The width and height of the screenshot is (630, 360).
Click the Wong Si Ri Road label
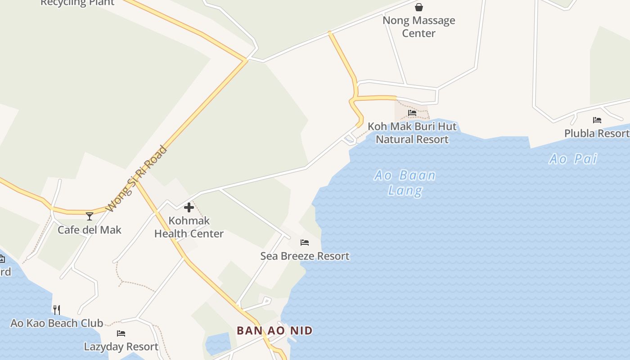[x=137, y=179]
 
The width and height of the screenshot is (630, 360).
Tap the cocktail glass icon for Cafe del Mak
[x=90, y=216]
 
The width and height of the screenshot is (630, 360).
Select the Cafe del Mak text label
[x=90, y=230]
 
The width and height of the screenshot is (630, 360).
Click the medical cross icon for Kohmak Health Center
[x=189, y=207]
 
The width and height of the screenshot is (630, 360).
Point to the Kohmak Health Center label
[x=189, y=227]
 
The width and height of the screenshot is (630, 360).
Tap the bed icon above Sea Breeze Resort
[x=305, y=243]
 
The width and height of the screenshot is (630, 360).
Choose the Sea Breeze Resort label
[x=305, y=256]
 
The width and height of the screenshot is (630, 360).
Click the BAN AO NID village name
[x=274, y=331]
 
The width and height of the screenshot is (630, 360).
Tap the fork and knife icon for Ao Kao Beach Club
[x=57, y=310]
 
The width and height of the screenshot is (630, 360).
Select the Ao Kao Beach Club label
[x=57, y=323]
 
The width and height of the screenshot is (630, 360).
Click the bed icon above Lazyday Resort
[x=121, y=333]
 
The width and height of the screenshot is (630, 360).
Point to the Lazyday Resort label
[x=121, y=347]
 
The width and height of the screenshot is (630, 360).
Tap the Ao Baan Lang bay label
[x=405, y=183]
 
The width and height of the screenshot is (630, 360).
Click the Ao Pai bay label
[x=573, y=159]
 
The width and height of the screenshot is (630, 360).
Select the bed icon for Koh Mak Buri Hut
[x=412, y=113]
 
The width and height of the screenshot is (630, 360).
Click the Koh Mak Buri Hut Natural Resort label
[x=412, y=133]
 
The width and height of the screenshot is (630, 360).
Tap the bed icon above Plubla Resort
[x=597, y=120]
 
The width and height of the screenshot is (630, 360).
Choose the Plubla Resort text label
[x=597, y=134]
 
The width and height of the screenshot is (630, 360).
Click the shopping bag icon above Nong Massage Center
[x=419, y=7]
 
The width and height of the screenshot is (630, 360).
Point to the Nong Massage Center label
[x=419, y=27]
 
